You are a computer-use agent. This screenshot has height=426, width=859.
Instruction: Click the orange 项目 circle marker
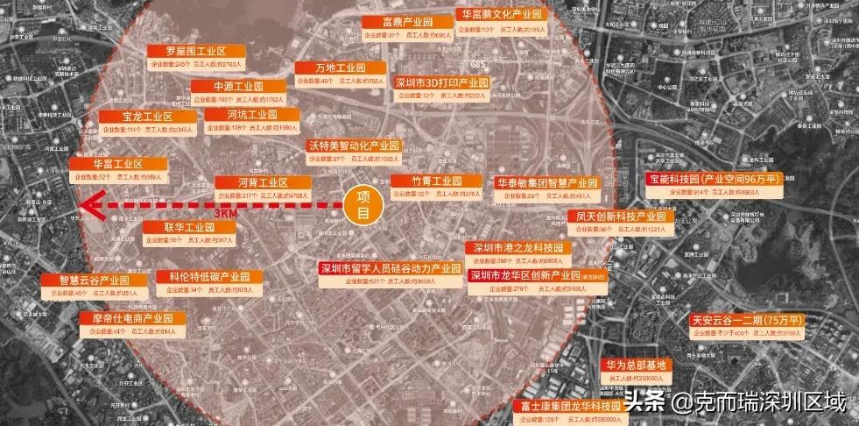coord(362,207)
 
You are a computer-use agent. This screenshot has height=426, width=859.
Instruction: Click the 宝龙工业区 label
coord(135,117)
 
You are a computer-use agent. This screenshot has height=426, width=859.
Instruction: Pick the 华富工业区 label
coord(117,164)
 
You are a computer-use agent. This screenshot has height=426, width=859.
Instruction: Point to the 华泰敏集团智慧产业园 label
coord(545,183)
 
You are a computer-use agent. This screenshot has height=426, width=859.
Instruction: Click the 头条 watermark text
coord(644,402)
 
